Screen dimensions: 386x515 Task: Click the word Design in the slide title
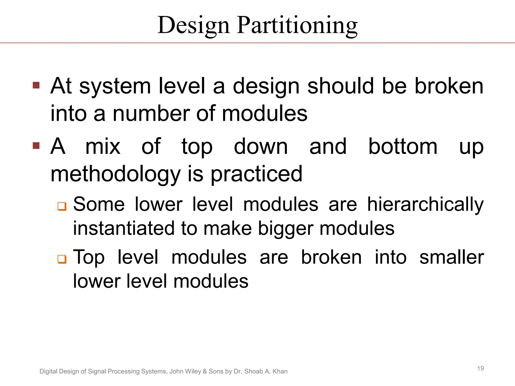[x=193, y=25]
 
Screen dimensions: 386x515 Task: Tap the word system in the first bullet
[x=115, y=86]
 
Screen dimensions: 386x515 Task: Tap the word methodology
[x=115, y=174]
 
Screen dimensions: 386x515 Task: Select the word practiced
[x=256, y=174]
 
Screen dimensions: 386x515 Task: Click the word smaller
[x=452, y=257]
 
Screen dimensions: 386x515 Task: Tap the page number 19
[x=480, y=368]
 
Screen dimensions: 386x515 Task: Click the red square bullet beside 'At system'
[x=36, y=85]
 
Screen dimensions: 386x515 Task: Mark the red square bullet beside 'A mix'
[x=36, y=146]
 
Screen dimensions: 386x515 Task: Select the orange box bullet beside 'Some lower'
[x=62, y=206]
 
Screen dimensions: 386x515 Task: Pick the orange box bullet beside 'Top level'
[x=62, y=259]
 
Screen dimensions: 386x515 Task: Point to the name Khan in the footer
[x=280, y=371]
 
